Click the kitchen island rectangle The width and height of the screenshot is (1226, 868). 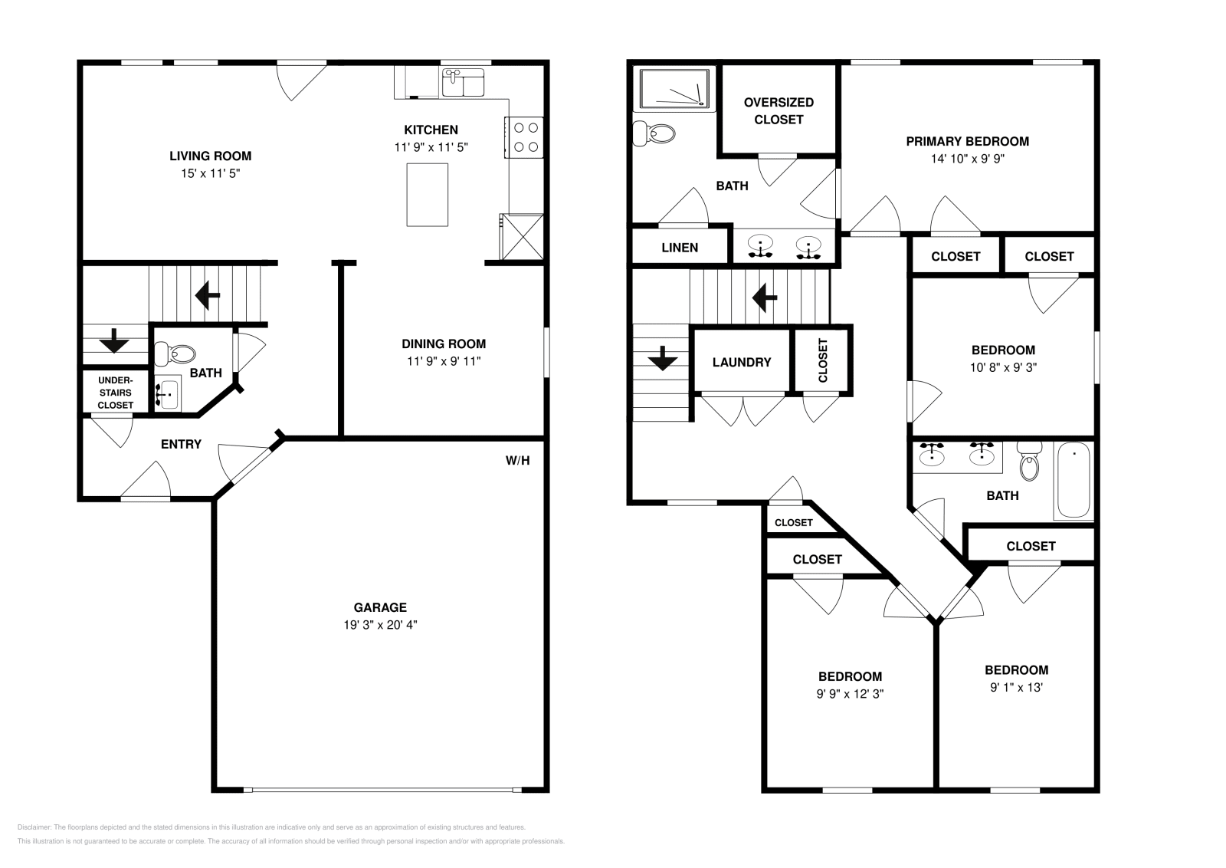pos(427,195)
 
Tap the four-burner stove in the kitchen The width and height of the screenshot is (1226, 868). pos(524,137)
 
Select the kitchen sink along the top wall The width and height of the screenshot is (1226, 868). pos(463,82)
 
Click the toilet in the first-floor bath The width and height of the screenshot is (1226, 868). pos(175,353)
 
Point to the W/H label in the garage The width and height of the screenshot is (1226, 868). pos(517,461)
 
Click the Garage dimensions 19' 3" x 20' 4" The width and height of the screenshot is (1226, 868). pos(380,625)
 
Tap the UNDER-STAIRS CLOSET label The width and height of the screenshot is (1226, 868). pos(116,393)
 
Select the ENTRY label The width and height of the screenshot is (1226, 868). pos(181,444)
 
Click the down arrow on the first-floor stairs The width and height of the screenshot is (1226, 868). pos(114,340)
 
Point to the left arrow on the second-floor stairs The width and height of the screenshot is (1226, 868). pos(765,298)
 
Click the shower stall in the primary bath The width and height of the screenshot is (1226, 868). pos(674,89)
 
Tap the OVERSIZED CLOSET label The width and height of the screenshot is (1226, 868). pos(779,110)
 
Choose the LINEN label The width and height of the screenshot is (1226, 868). pos(680,248)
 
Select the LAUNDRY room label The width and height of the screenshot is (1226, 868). pos(742,362)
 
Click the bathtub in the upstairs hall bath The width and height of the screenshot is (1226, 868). pos(1074,480)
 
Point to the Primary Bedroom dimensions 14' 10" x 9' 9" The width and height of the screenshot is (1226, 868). pos(968,159)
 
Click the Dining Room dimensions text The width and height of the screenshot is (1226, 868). pos(444,361)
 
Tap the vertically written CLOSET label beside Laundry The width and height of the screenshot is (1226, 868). pos(823,360)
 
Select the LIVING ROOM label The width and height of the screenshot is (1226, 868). pos(211,156)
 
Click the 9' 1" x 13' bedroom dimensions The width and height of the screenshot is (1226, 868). pos(1016,687)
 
